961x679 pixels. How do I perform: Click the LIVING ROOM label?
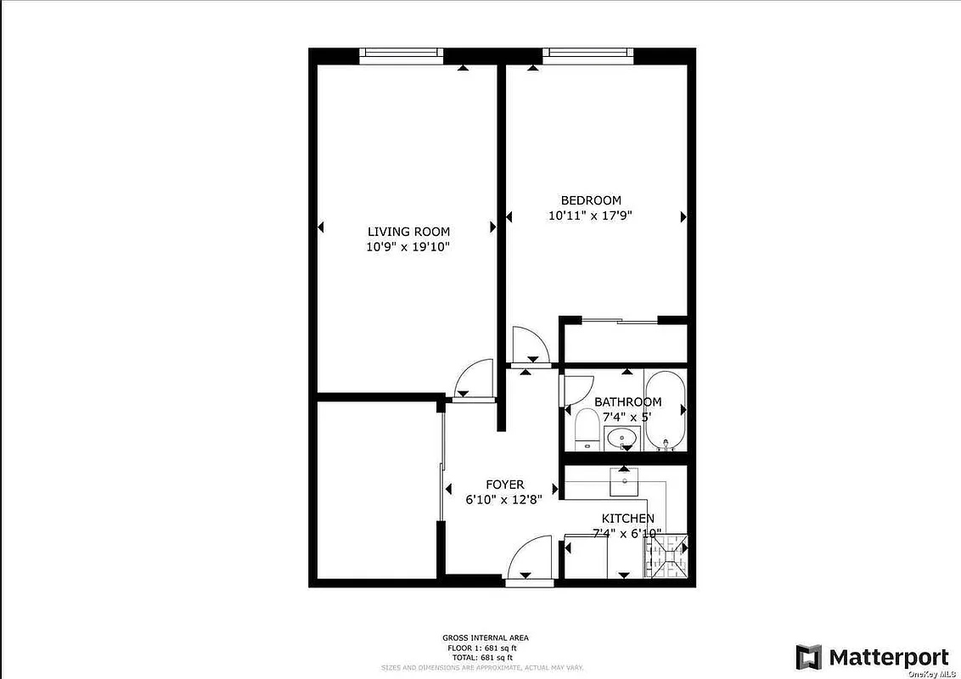pos(408,232)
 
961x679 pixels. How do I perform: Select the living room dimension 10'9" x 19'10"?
pos(407,247)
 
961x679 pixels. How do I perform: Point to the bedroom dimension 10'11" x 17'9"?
pos(590,216)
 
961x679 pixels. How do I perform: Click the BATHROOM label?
pos(627,402)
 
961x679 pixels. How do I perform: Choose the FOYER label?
pos(504,485)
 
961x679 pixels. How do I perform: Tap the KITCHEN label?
pos(627,519)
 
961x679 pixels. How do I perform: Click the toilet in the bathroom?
pos(587,429)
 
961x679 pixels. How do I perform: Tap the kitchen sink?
pos(625,480)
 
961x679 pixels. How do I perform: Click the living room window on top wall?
pos(401,54)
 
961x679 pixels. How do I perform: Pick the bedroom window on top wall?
pos(588,54)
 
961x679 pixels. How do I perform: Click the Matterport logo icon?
pos(808,657)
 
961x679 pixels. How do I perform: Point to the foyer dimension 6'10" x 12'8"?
pos(504,499)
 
